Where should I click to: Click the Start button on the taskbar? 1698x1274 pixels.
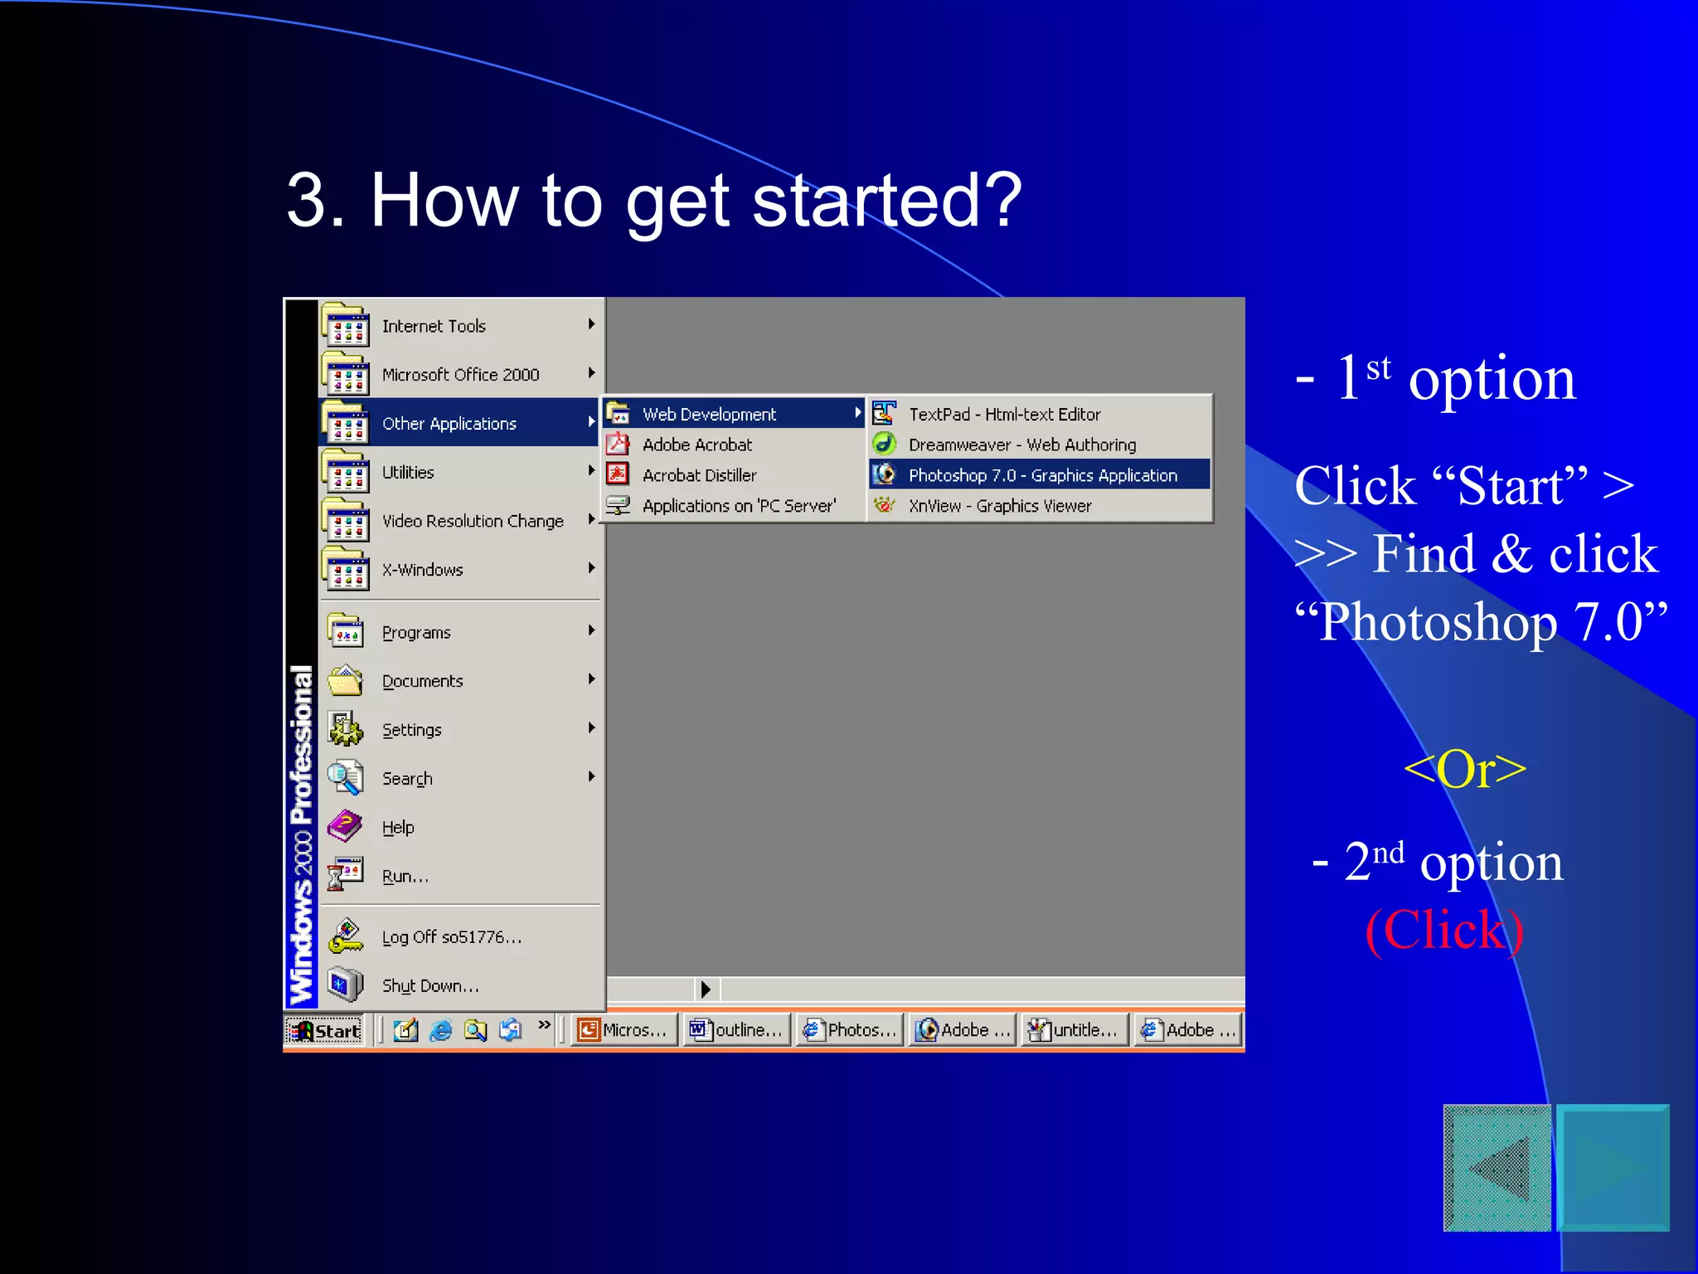[325, 1030]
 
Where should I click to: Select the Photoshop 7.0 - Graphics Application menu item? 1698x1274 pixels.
[1041, 475]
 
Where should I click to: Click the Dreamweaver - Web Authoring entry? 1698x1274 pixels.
[1021, 445]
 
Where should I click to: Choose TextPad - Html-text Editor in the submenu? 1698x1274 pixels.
[1003, 414]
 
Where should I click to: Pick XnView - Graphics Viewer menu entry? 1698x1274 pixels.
[999, 506]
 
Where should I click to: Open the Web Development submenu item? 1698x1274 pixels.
[709, 414]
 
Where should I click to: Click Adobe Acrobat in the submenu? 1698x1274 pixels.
[696, 445]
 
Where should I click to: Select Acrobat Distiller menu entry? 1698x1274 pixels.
[699, 475]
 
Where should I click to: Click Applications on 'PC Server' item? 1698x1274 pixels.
[738, 506]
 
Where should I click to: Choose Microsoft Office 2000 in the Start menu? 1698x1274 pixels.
[460, 375]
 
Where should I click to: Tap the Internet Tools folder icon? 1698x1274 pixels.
[346, 326]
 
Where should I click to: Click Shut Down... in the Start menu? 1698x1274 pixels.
[429, 985]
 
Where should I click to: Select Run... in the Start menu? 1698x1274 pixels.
[405, 876]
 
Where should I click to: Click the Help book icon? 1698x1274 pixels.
[345, 826]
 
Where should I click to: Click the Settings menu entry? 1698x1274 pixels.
[411, 730]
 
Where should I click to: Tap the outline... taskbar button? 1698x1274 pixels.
[736, 1030]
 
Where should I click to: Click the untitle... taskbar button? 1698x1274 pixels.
[1075, 1030]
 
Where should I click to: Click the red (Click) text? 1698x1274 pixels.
[1444, 931]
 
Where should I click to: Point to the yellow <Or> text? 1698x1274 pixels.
[1464, 770]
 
